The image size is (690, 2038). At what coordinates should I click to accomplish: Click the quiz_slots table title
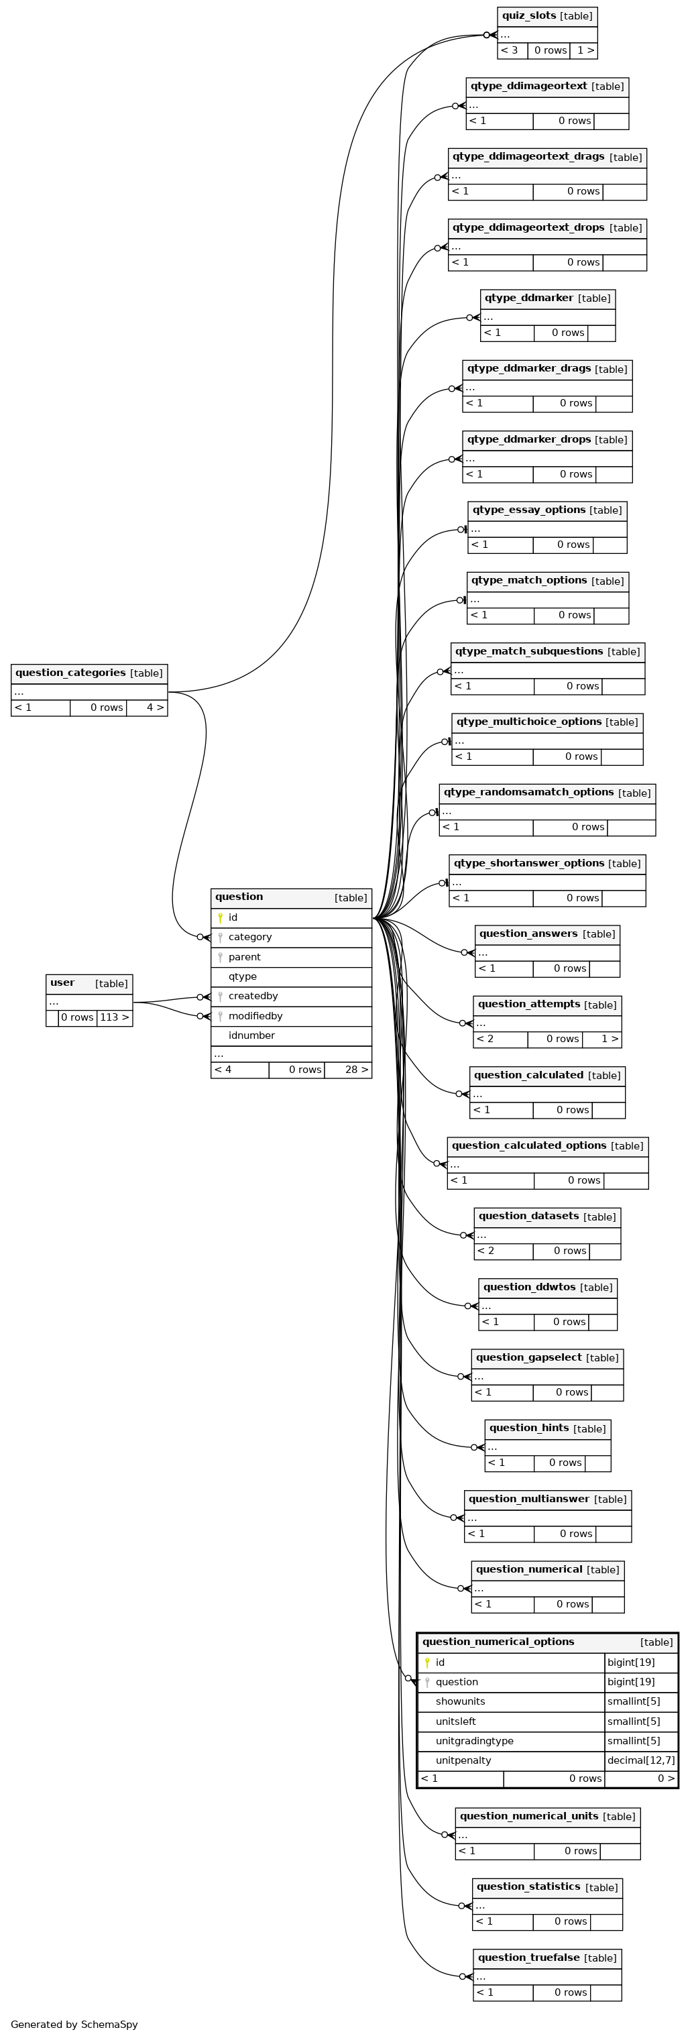(528, 16)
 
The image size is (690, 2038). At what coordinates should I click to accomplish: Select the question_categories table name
(70, 673)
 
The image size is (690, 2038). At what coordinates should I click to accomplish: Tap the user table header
(89, 983)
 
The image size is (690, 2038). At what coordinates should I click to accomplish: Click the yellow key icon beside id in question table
(220, 917)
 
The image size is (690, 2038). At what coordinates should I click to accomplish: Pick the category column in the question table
(250, 937)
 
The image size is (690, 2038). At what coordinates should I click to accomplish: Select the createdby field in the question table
(253, 996)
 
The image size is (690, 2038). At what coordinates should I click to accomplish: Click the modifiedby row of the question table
(291, 1016)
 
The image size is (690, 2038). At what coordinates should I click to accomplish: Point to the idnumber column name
(251, 1035)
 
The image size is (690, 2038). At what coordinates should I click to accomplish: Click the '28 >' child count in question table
(356, 1070)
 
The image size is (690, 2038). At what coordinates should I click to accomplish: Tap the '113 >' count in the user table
(115, 1017)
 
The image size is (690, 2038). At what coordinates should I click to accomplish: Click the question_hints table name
(528, 1428)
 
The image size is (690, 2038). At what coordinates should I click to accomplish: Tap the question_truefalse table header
(548, 1958)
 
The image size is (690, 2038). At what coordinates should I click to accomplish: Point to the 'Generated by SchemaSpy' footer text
(74, 2025)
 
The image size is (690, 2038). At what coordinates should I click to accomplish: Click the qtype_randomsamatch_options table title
(528, 792)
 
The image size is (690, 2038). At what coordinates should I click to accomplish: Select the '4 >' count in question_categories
(155, 707)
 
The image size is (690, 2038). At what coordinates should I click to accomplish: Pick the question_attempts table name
(528, 1004)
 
